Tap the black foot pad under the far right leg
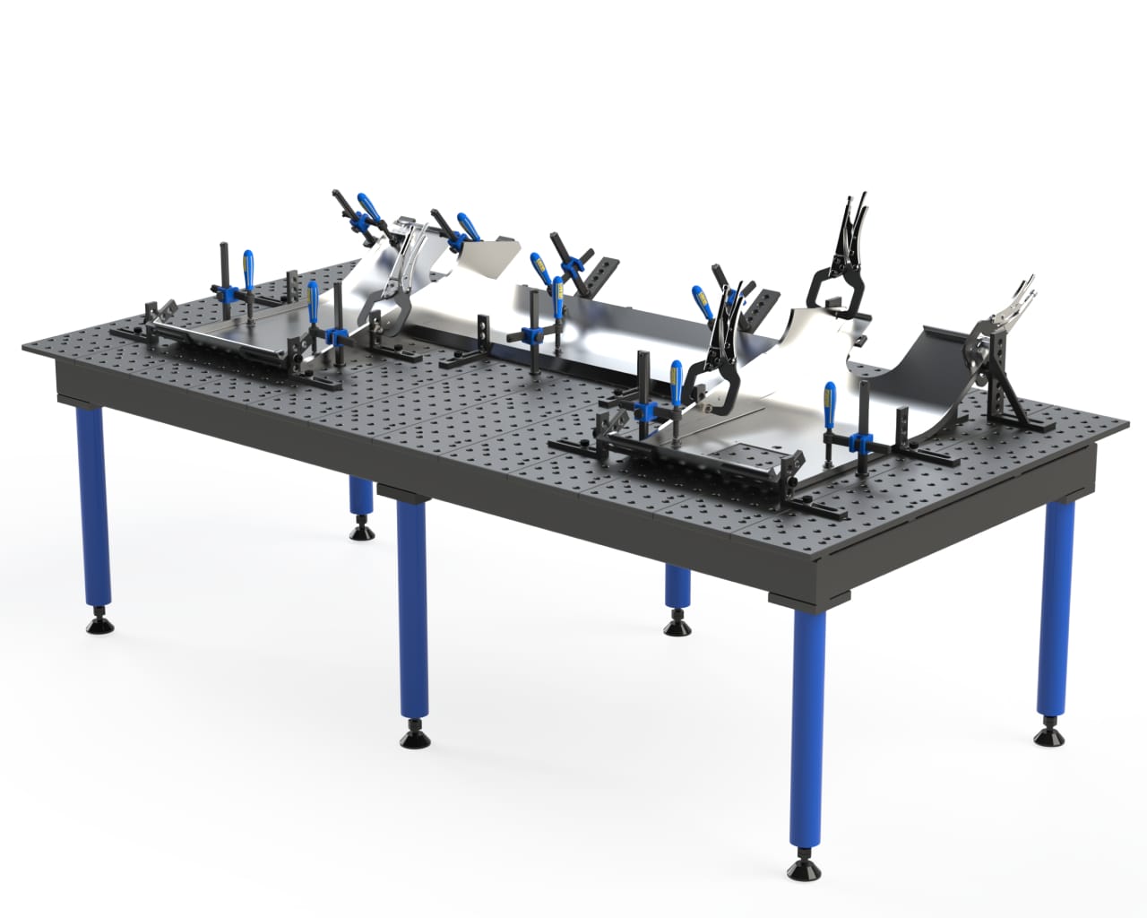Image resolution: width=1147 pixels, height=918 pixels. [1047, 737]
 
